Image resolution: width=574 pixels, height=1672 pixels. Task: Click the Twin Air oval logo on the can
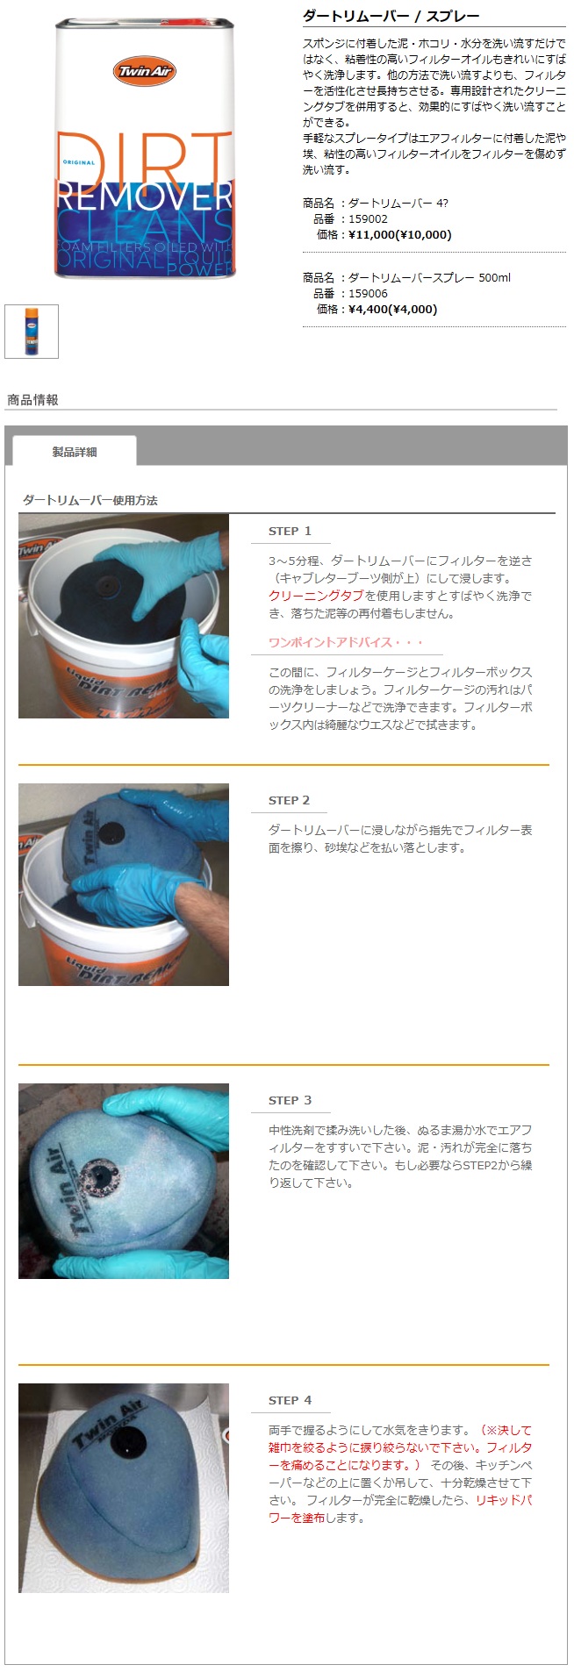145,71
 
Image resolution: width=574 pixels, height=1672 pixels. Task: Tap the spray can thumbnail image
32,332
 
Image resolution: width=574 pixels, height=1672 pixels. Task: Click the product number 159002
368,218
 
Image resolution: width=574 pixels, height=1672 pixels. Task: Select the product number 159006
368,293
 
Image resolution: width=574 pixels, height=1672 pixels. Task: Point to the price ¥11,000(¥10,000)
400,234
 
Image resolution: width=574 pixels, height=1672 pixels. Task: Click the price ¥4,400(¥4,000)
392,309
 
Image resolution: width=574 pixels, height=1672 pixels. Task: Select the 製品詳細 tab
75,452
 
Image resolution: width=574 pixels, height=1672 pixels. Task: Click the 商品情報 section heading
32,400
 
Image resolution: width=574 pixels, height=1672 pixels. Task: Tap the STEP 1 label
290,531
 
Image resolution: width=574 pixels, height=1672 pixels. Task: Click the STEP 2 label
290,800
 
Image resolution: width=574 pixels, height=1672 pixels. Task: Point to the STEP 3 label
290,1100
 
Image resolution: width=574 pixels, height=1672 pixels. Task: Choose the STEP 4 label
290,1400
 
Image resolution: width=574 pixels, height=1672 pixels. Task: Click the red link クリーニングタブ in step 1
316,596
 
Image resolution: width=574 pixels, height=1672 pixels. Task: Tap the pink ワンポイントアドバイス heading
346,642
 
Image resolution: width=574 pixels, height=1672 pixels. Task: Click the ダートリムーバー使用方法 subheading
90,500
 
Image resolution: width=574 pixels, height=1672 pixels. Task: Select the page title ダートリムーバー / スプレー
391,16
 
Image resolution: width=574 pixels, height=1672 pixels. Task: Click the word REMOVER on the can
145,196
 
